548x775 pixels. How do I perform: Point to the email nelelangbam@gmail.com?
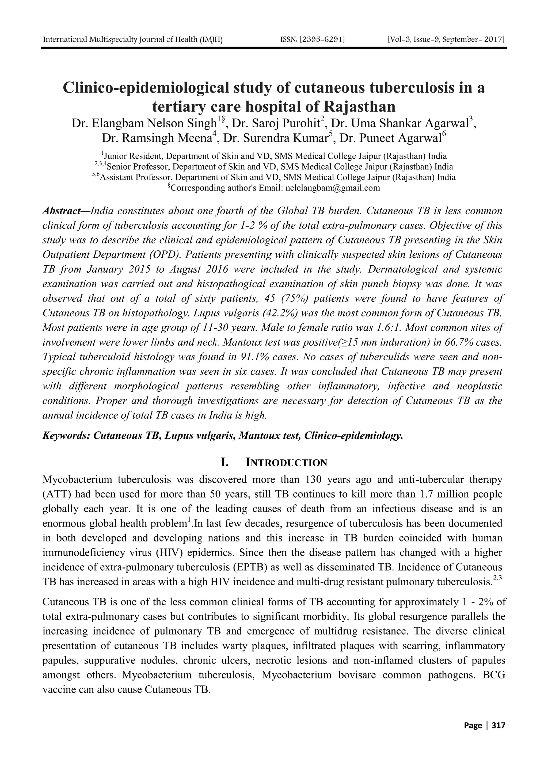point(333,188)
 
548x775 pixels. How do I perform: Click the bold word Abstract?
point(61,211)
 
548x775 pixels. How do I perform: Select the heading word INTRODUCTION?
point(286,463)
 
